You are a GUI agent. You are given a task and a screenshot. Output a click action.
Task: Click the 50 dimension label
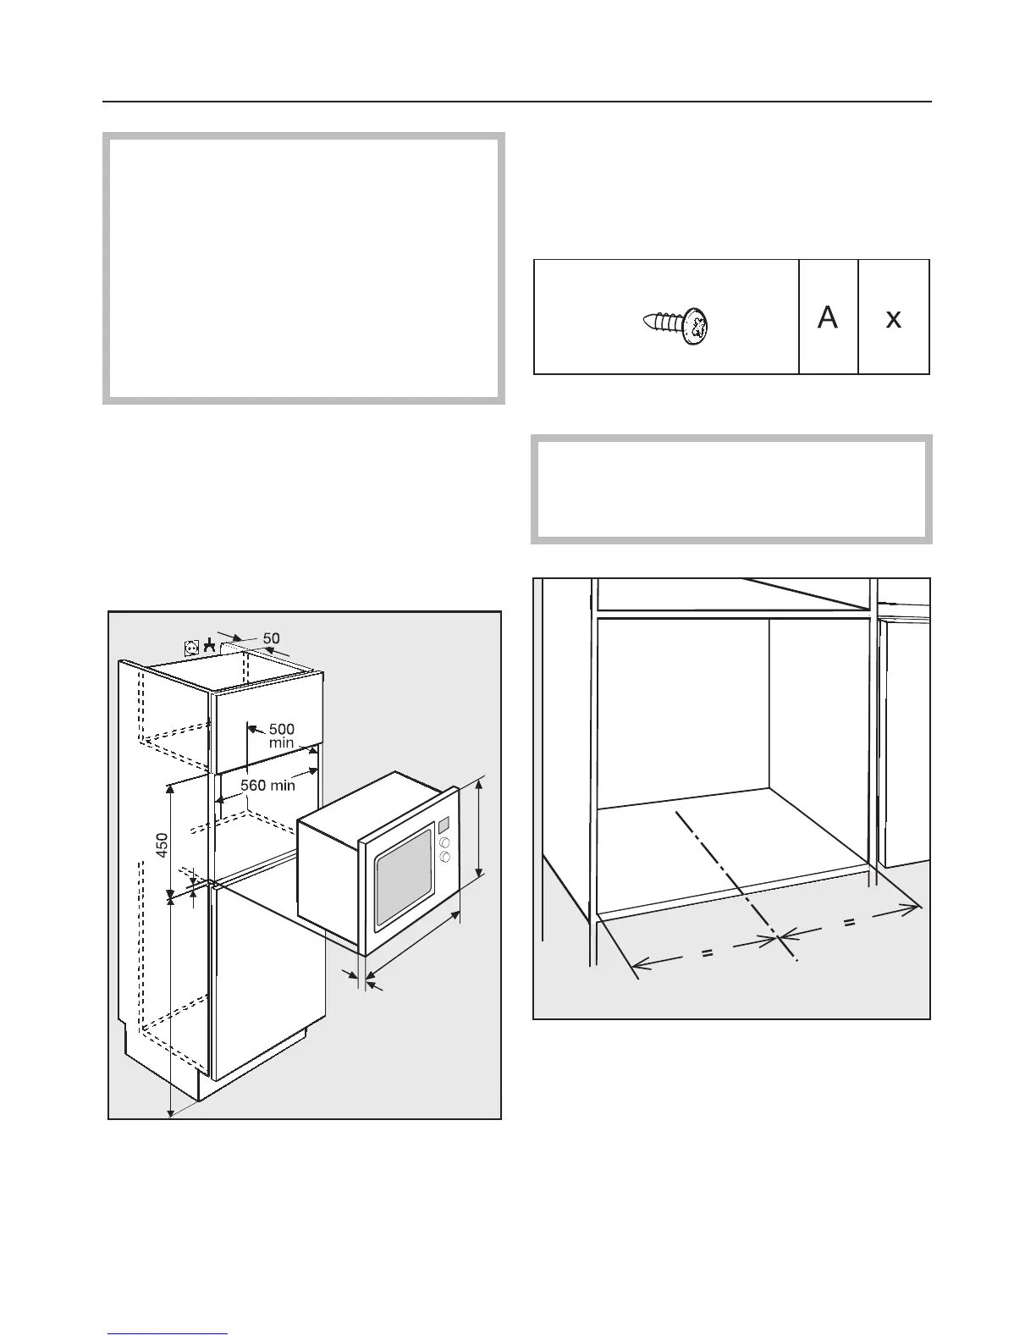pyautogui.click(x=271, y=637)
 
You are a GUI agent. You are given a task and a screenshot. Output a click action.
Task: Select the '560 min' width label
pyautogui.click(x=267, y=785)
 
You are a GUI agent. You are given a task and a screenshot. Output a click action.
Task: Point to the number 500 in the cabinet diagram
pyautogui.click(x=281, y=729)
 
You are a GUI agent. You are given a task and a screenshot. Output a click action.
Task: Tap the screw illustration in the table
pyautogui.click(x=677, y=326)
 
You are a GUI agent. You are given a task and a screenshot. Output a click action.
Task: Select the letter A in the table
pyautogui.click(x=828, y=317)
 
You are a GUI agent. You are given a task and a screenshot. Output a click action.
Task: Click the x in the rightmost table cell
pyautogui.click(x=893, y=319)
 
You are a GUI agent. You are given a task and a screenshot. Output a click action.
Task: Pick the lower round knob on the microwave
pyautogui.click(x=444, y=858)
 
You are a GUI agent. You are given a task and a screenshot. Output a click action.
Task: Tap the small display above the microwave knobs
pyautogui.click(x=444, y=824)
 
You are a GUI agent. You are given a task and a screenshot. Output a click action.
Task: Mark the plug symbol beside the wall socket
pyautogui.click(x=208, y=647)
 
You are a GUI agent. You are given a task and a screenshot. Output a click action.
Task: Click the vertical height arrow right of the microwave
pyautogui.click(x=480, y=830)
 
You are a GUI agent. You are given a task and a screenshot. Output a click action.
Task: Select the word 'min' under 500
pyautogui.click(x=281, y=742)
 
